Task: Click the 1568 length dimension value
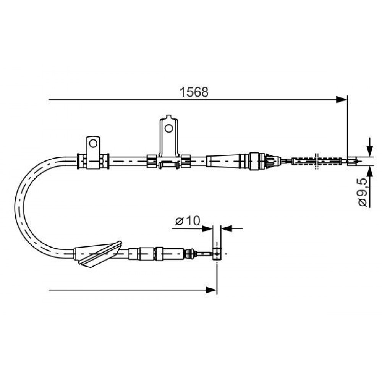tap(194, 92)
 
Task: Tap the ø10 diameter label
tap(187, 221)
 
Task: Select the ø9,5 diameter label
tap(363, 193)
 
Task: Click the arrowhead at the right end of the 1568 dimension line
tap(341, 99)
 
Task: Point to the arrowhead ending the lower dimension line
tap(211, 290)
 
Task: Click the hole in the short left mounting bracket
tap(93, 143)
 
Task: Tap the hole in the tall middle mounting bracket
tap(168, 128)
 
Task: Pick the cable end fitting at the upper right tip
tap(352, 161)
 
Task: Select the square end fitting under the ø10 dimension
tap(217, 254)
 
